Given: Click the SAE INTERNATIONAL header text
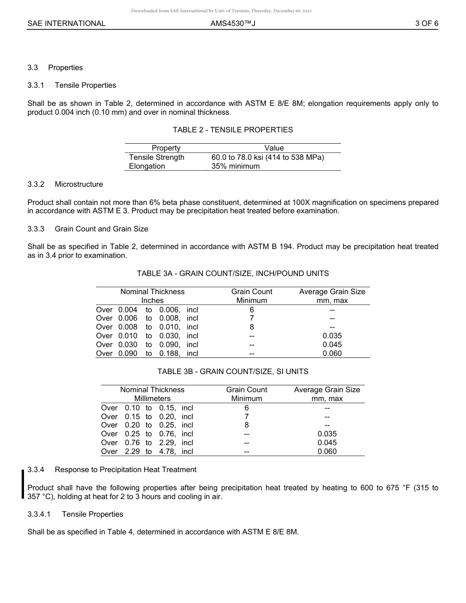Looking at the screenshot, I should [x=66, y=23].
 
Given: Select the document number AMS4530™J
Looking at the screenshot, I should [x=233, y=23].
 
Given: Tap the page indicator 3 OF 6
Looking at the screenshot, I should [x=426, y=23].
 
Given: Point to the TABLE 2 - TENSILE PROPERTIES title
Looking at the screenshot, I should [x=233, y=130].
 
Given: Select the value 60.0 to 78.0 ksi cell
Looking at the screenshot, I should [x=267, y=157].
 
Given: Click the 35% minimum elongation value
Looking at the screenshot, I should [x=235, y=166].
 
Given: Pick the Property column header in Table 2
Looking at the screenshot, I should [x=166, y=148].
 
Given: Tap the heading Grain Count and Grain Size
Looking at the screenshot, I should [x=101, y=229].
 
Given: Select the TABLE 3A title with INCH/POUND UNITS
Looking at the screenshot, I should [x=233, y=274].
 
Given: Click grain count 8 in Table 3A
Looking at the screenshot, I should [x=252, y=327].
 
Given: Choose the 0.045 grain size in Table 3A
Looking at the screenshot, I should [x=332, y=345].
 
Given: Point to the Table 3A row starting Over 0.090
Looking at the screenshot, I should [x=147, y=353].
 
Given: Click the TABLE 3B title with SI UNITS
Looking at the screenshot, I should [x=233, y=372].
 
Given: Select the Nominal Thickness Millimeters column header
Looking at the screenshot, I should [x=152, y=394].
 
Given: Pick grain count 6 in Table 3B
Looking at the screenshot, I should [x=246, y=408].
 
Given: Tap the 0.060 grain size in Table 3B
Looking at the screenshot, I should [x=327, y=452].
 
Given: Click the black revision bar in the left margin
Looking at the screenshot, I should [x=23, y=483].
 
